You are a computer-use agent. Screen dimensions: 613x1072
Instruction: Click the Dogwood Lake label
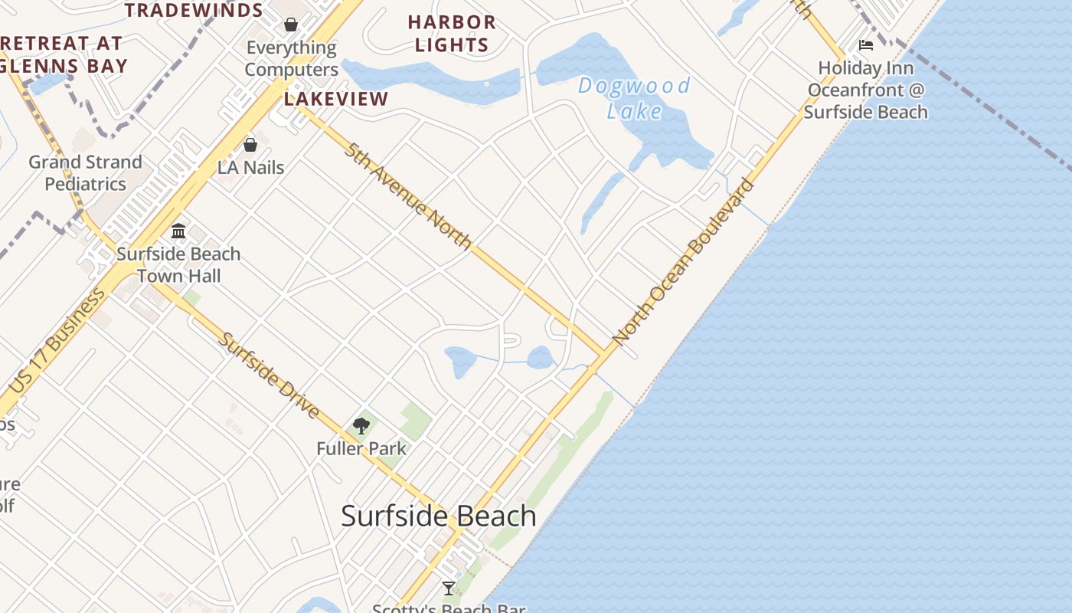(x=634, y=97)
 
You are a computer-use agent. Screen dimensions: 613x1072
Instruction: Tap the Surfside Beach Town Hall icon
(x=178, y=231)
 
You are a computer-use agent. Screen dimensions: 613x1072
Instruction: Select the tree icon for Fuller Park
(x=361, y=426)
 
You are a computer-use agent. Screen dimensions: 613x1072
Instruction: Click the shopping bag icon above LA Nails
(x=250, y=144)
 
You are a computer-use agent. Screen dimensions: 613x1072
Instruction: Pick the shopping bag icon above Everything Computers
(x=291, y=24)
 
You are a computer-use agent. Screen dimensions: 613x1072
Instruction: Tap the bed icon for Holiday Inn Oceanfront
(x=866, y=45)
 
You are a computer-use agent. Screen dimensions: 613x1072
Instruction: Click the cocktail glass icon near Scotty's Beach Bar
(x=449, y=588)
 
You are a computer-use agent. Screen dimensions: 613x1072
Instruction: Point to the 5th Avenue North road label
(x=407, y=196)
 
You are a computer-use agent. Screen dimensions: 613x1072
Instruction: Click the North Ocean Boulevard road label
(x=684, y=261)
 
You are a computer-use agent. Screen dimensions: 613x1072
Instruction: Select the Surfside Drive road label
(x=269, y=375)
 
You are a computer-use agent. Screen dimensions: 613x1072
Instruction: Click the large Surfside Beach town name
(x=439, y=516)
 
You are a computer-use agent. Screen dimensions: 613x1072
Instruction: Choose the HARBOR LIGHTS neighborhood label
(x=452, y=34)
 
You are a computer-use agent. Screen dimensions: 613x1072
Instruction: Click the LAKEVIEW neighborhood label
(x=336, y=99)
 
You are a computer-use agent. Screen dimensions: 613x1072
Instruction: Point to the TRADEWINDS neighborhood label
(x=194, y=10)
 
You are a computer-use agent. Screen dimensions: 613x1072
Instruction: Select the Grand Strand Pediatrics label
(x=85, y=173)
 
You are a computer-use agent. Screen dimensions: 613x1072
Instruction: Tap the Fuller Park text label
(x=361, y=448)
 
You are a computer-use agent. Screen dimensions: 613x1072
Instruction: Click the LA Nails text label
(x=251, y=167)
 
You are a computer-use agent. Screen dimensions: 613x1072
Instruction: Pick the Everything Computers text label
(x=291, y=58)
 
